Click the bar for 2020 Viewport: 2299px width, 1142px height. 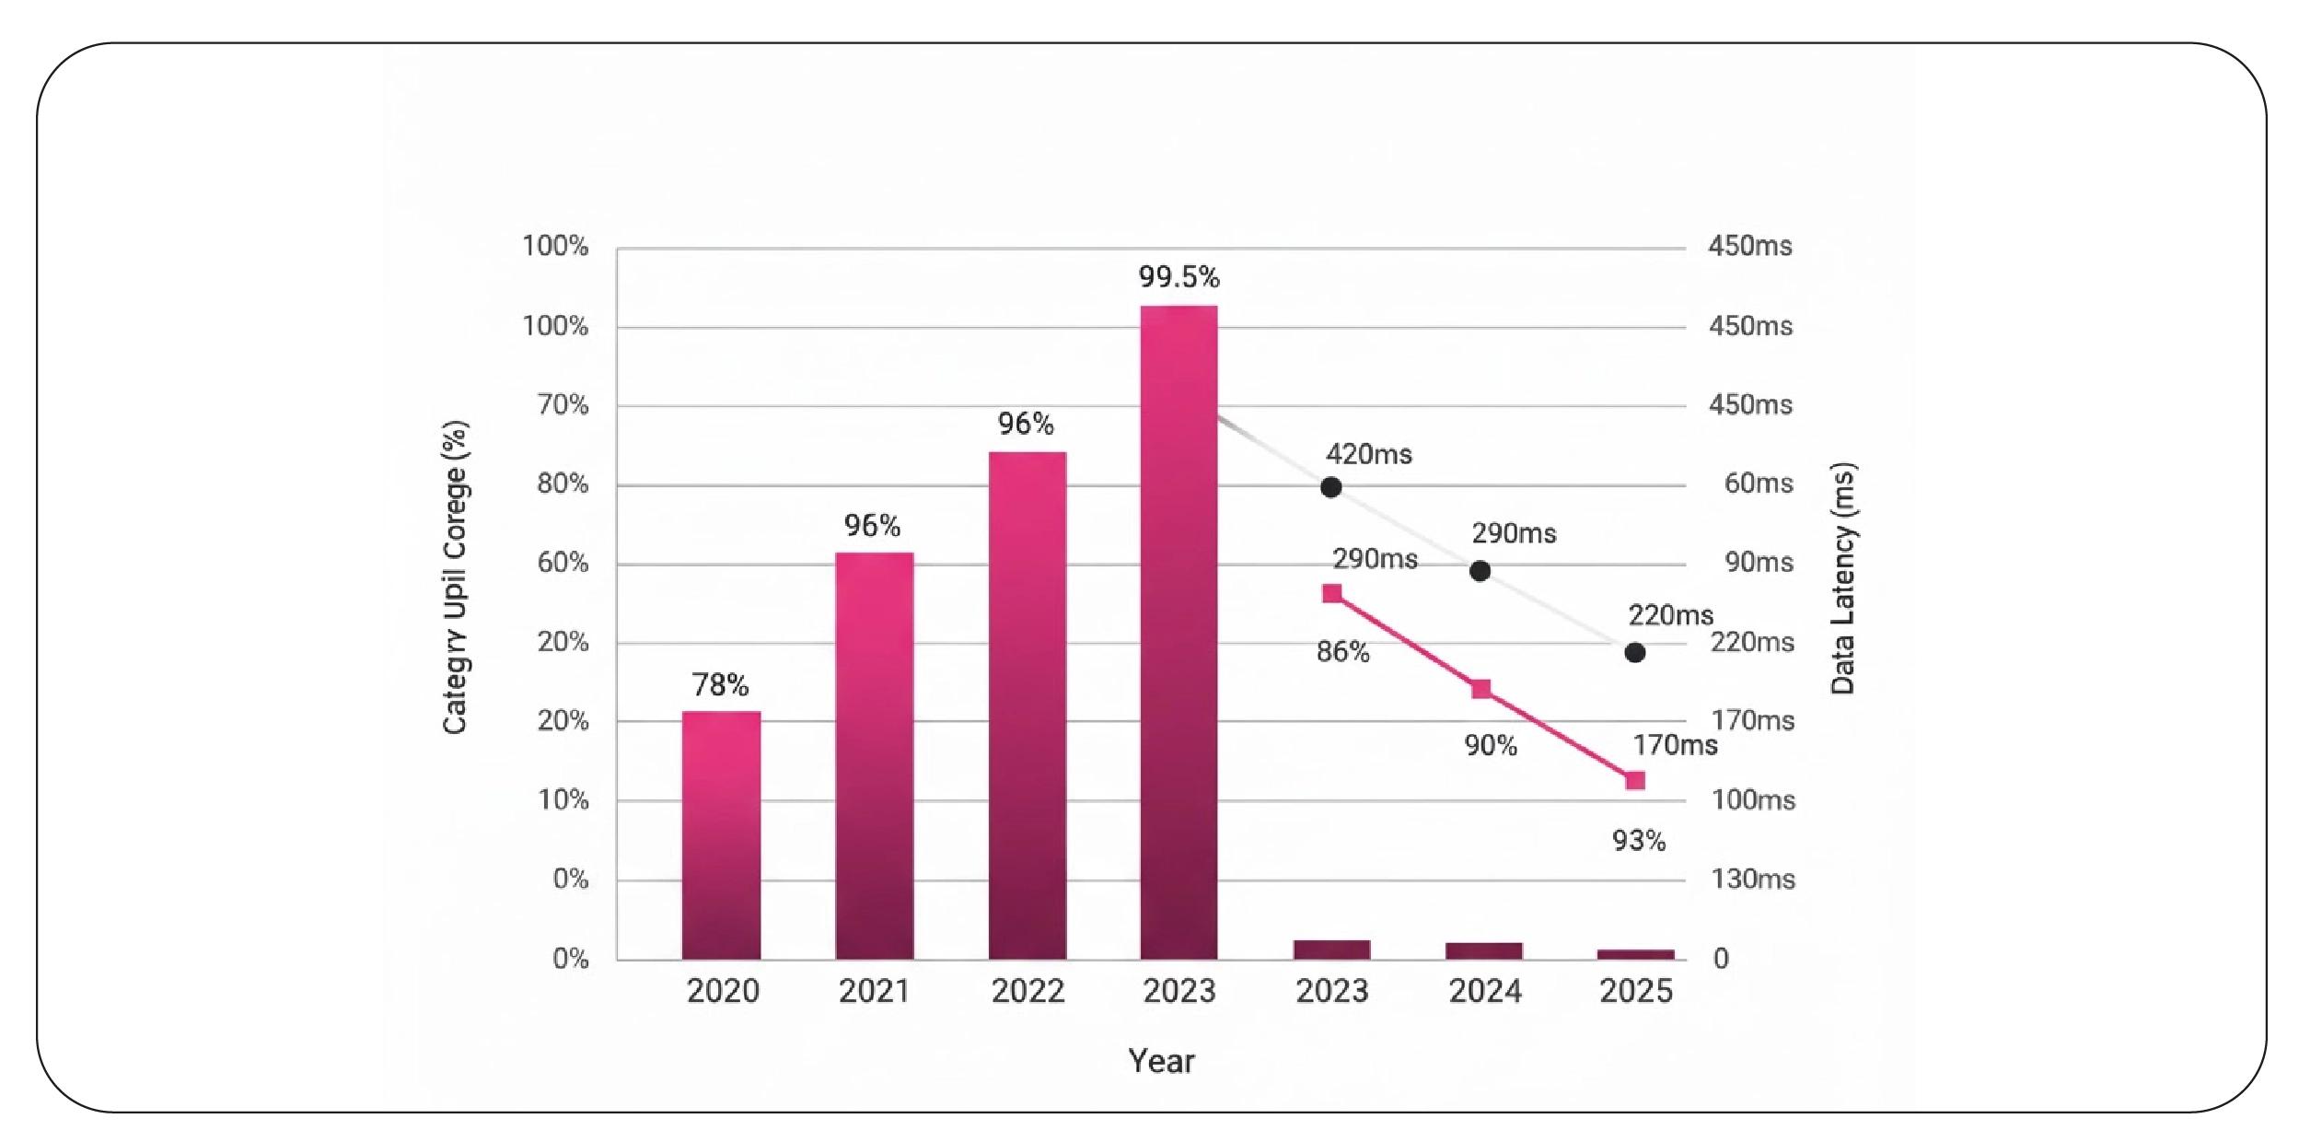click(x=721, y=834)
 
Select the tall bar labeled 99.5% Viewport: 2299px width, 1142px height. click(x=1179, y=632)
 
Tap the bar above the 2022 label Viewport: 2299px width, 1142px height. click(x=1028, y=705)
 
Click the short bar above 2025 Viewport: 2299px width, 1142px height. click(x=1635, y=954)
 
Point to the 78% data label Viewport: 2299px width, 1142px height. click(x=720, y=684)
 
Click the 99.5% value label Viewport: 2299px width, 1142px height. click(x=1179, y=276)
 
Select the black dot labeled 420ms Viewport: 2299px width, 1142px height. click(x=1330, y=487)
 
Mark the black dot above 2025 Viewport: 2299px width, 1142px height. click(x=1635, y=653)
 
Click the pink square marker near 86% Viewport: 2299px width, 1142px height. click(x=1332, y=593)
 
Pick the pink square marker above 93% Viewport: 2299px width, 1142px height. click(x=1635, y=781)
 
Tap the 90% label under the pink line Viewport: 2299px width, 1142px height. click(x=1491, y=745)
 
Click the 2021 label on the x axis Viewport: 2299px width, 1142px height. click(x=874, y=991)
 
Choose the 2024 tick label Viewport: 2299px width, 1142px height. click(x=1485, y=991)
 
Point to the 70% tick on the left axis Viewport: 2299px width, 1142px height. click(x=563, y=404)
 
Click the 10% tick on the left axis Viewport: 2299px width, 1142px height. click(x=563, y=799)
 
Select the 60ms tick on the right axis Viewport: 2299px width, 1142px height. click(x=1759, y=484)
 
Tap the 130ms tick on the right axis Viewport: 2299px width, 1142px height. click(x=1753, y=879)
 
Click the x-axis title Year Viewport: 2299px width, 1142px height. click(x=1161, y=1061)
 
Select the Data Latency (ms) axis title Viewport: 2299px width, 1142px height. click(x=1842, y=578)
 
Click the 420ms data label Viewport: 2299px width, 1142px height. click(x=1368, y=454)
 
